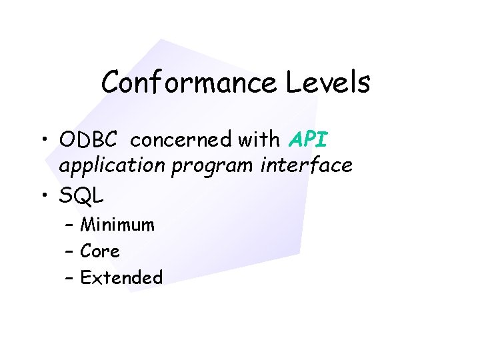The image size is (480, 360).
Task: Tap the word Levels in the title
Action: pos(328,83)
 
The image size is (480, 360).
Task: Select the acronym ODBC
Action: pos(88,140)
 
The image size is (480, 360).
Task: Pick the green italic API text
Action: pos(309,140)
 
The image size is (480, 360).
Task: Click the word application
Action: pos(112,166)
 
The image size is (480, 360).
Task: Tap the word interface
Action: pos(306,165)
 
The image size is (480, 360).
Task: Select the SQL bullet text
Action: pos(81,196)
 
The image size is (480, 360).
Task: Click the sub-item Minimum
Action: pos(117,225)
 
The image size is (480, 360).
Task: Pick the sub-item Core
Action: pos(100,251)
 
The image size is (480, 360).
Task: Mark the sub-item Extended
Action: pos(121,277)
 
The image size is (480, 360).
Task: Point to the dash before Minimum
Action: pos(71,226)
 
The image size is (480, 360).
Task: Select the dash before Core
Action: pos(71,252)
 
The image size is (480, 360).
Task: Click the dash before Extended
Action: pos(71,278)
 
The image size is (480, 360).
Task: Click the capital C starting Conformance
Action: pos(111,83)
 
